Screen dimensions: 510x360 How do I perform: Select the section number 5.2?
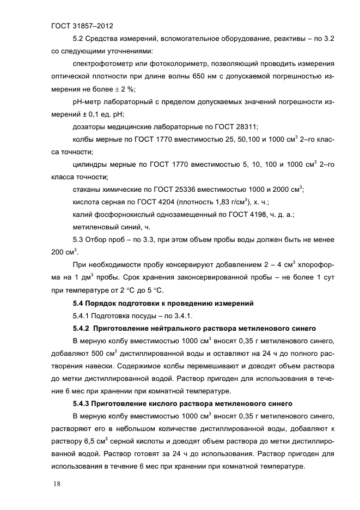coord(79,39)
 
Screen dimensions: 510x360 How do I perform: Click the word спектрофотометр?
coord(103,64)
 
